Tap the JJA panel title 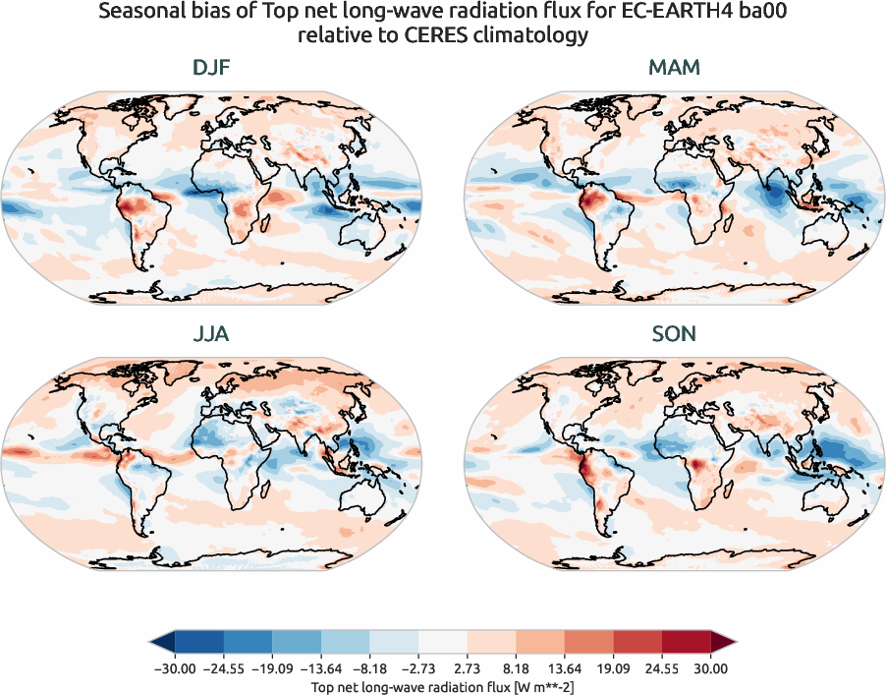pyautogui.click(x=212, y=334)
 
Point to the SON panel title pyautogui.click(x=674, y=334)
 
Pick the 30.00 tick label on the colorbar pyautogui.click(x=710, y=668)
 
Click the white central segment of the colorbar pyautogui.click(x=443, y=643)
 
